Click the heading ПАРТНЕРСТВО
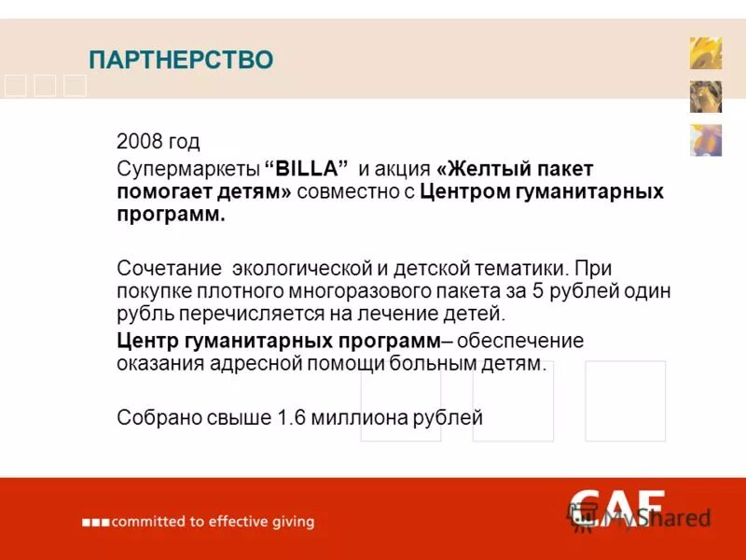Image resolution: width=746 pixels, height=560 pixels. [181, 61]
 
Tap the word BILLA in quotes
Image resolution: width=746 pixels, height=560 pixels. [307, 169]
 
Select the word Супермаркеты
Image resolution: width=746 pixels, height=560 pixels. [185, 170]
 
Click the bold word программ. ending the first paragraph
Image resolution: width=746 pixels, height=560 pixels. [172, 215]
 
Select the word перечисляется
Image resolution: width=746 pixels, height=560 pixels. [246, 314]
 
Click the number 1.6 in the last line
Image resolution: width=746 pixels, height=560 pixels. [291, 417]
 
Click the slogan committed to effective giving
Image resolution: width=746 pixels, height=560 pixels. [213, 522]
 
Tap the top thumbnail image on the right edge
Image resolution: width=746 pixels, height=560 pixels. [705, 53]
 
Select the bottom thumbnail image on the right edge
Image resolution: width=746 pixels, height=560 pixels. [705, 140]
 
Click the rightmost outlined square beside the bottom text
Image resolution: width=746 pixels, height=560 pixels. [625, 400]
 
